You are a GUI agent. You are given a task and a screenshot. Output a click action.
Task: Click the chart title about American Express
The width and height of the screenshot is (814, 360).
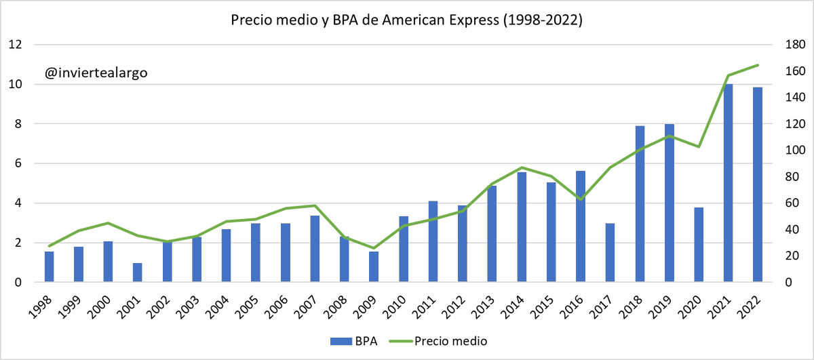(406, 20)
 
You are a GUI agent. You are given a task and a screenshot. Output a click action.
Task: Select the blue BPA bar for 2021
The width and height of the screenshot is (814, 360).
(728, 183)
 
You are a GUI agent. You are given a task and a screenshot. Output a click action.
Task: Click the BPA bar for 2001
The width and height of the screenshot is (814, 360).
(138, 273)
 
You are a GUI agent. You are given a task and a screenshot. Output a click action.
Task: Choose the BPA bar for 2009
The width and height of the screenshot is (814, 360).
(374, 266)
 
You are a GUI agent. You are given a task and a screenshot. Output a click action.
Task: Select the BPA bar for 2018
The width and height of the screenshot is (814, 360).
(640, 204)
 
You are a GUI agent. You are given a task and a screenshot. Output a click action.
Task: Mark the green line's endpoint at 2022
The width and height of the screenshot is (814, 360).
(758, 65)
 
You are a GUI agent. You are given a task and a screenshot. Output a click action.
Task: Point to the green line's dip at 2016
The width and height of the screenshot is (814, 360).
(581, 199)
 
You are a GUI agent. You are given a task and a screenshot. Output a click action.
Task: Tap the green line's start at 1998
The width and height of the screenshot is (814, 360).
(50, 246)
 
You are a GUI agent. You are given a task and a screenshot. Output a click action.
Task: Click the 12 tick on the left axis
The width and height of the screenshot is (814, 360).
(16, 45)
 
